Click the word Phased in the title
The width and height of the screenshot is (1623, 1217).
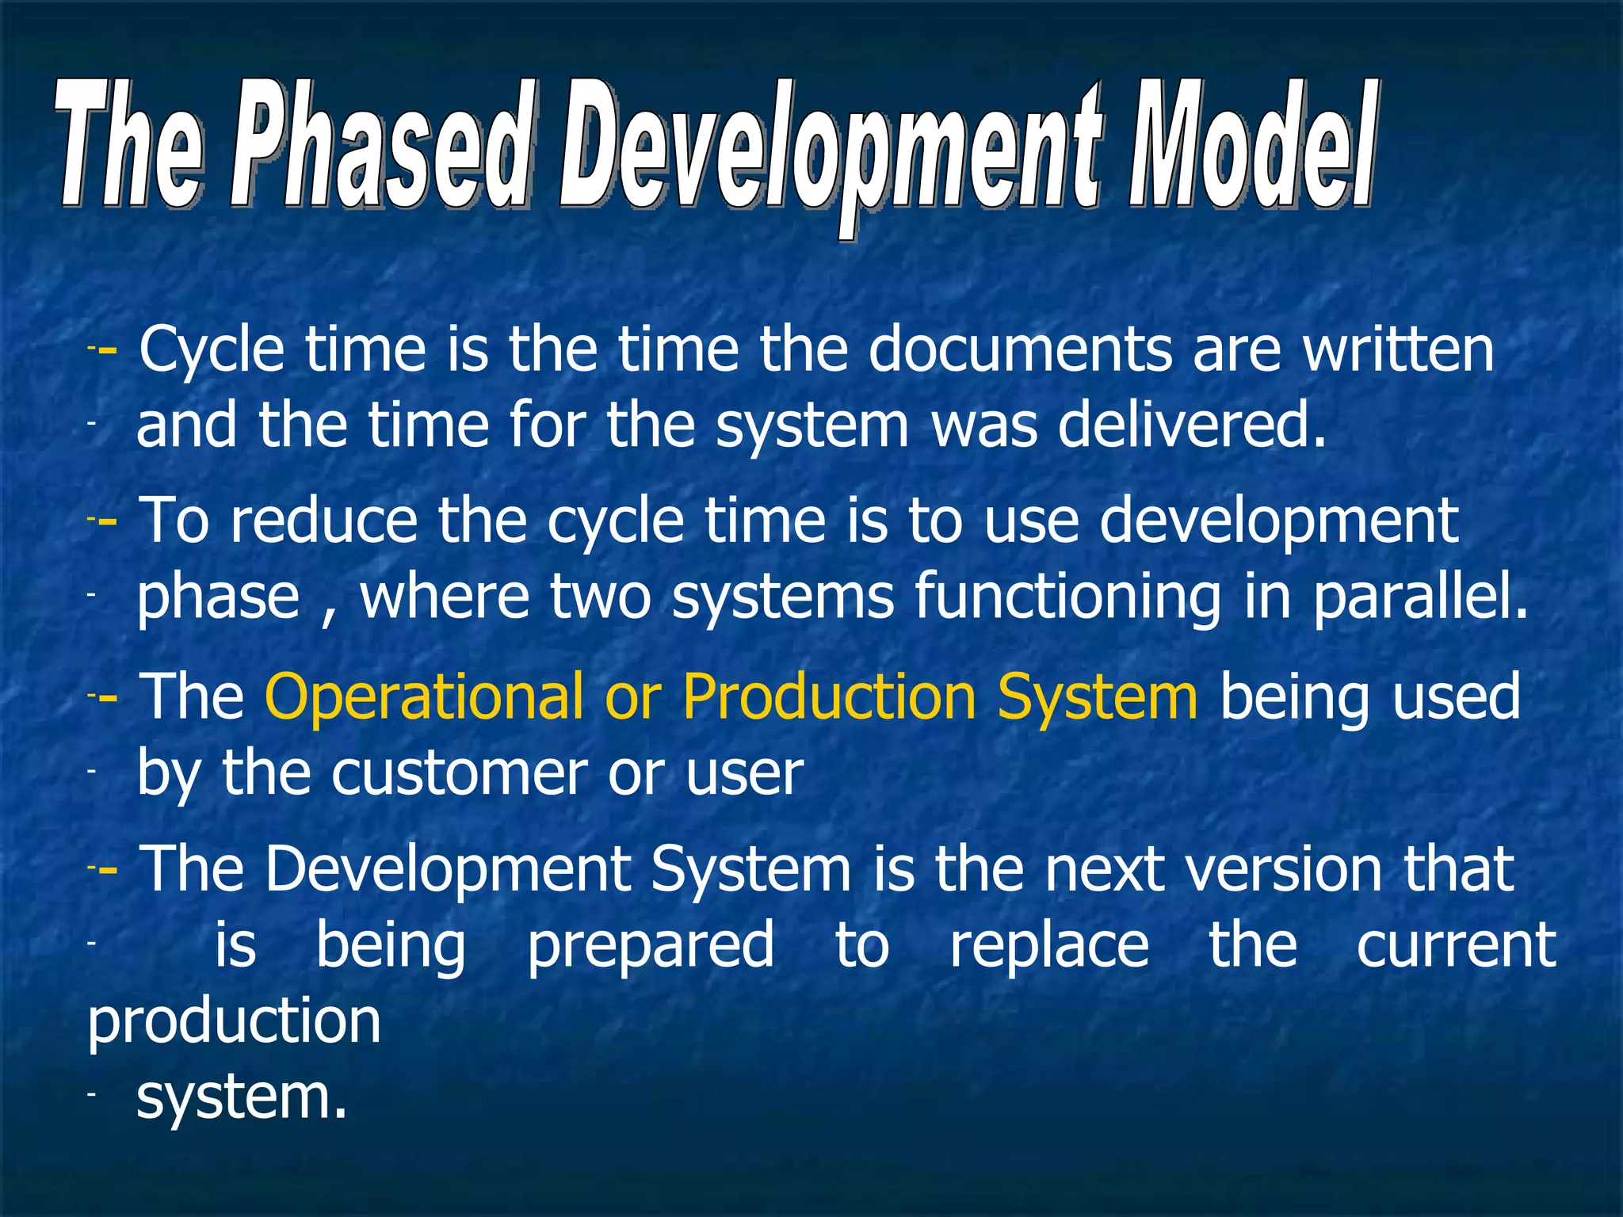[x=379, y=147]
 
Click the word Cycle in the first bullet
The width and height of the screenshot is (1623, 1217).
[x=212, y=351]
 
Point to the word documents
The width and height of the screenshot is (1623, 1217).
[x=1019, y=349]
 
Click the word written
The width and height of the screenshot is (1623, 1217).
[x=1399, y=349]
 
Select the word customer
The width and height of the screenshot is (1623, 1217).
[x=460, y=773]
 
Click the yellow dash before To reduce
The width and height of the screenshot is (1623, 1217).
[x=107, y=521]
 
